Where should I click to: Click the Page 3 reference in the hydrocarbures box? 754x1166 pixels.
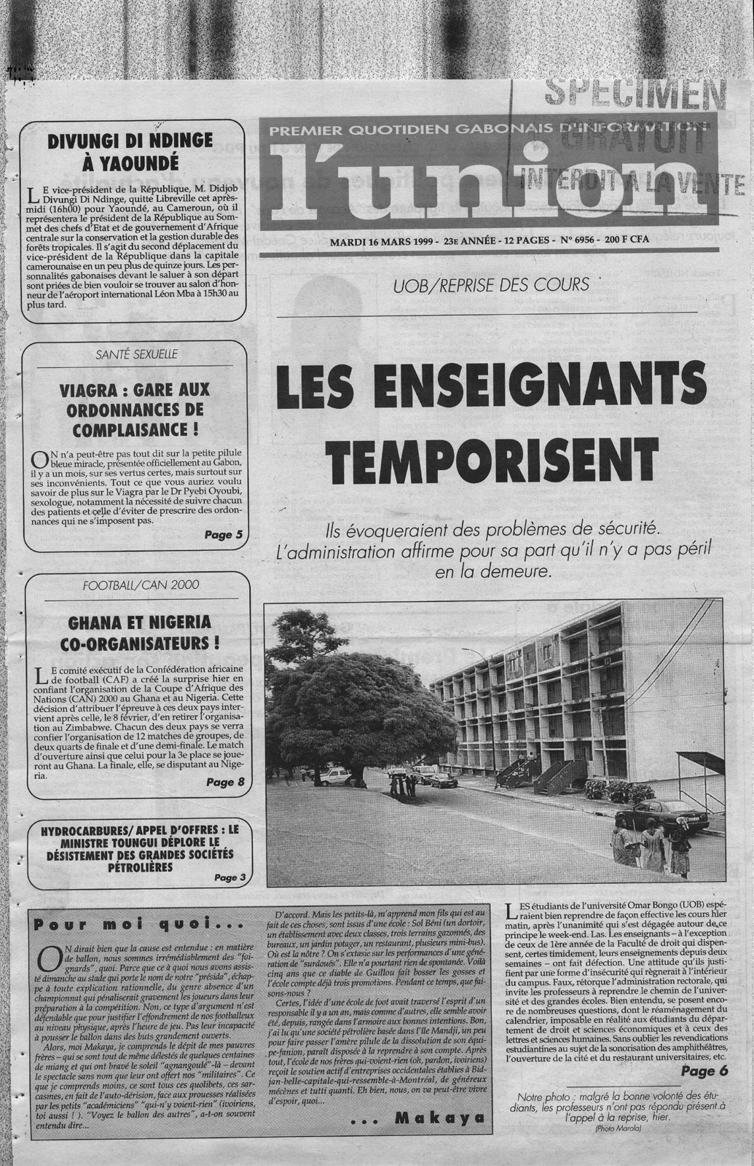click(231, 877)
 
